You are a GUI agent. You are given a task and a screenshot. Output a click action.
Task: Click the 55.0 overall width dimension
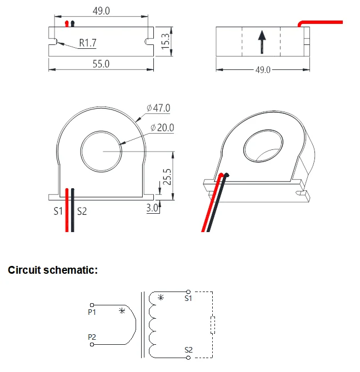pos(101,64)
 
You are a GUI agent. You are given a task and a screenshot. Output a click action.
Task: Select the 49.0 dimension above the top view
pos(101,11)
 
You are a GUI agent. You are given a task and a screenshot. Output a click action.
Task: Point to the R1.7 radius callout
pos(88,43)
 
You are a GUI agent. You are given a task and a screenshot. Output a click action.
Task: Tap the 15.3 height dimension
pos(165,41)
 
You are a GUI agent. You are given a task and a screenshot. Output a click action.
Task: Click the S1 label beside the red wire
pos(58,211)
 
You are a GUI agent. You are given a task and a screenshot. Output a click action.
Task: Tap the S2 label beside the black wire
pos(82,211)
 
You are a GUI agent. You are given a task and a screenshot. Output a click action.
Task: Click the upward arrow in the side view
pos(262,42)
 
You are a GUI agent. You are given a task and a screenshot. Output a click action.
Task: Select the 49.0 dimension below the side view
pos(262,71)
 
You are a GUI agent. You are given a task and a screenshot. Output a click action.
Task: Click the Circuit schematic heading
pos(53,270)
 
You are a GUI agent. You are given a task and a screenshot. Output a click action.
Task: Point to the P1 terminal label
pos(92,312)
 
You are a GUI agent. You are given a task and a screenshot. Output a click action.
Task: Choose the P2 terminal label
pos(92,337)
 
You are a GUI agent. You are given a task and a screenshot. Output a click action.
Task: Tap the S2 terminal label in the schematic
pos(189,350)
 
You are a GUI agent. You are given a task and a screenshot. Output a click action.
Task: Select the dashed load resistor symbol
pos(212,324)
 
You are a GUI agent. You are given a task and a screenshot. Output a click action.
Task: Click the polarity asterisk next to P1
pos(122,311)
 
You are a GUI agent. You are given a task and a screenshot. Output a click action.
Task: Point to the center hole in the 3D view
pos(263,145)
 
